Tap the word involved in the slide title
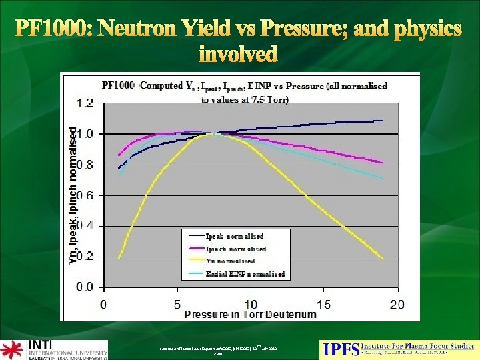pyautogui.click(x=238, y=53)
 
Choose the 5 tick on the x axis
pyautogui.click(x=177, y=304)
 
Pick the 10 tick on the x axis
pyautogui.click(x=250, y=304)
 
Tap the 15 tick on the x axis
pyautogui.click(x=324, y=304)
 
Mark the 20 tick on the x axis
pyautogui.click(x=397, y=304)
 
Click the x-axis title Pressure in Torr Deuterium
pyautogui.click(x=250, y=315)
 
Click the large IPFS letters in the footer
pyautogui.click(x=340, y=349)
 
